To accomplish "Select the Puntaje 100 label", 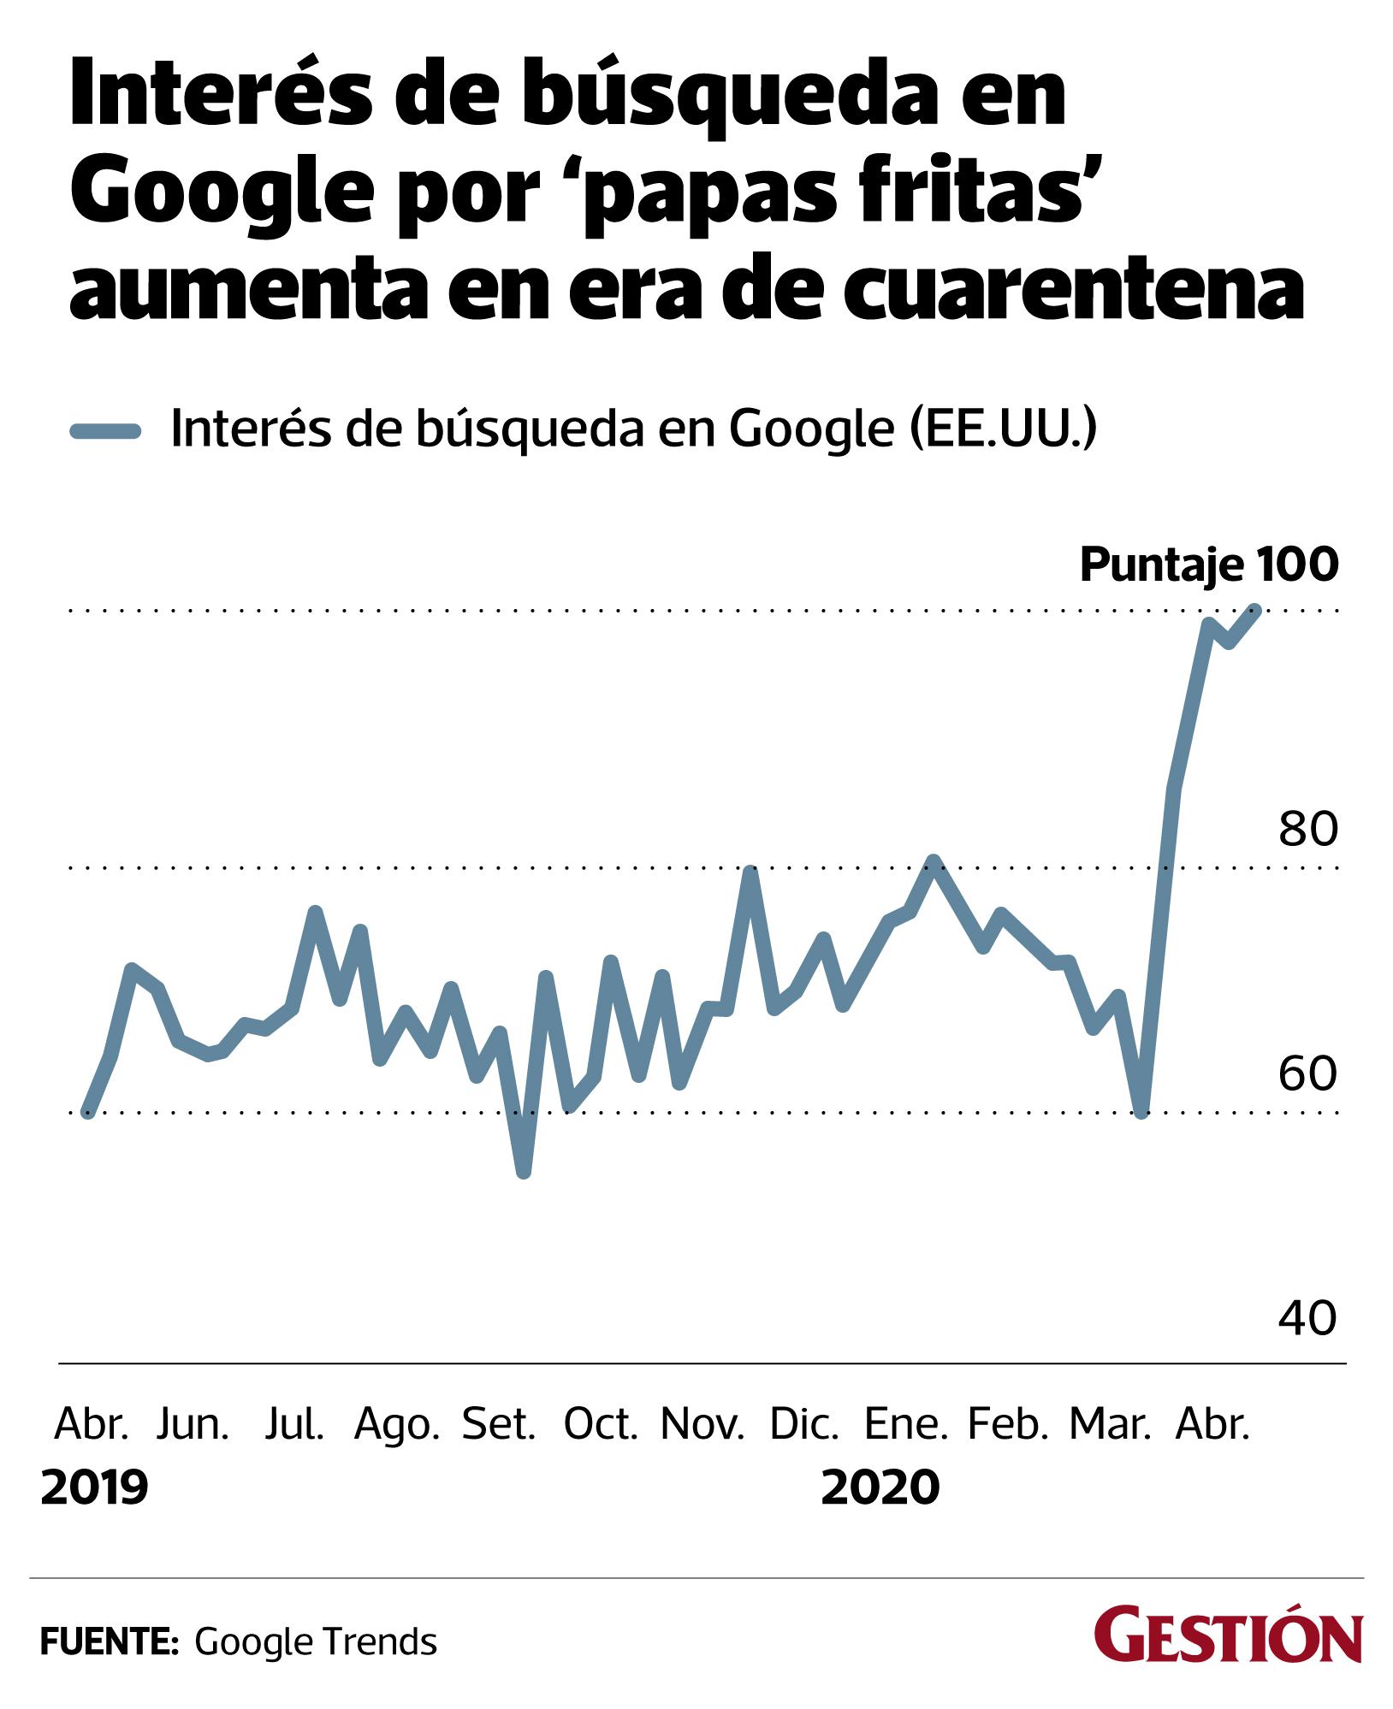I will [x=1208, y=565].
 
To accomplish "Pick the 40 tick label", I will [x=1307, y=1318].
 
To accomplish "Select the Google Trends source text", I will [x=316, y=1642].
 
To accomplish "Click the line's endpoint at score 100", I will [x=1255, y=610].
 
